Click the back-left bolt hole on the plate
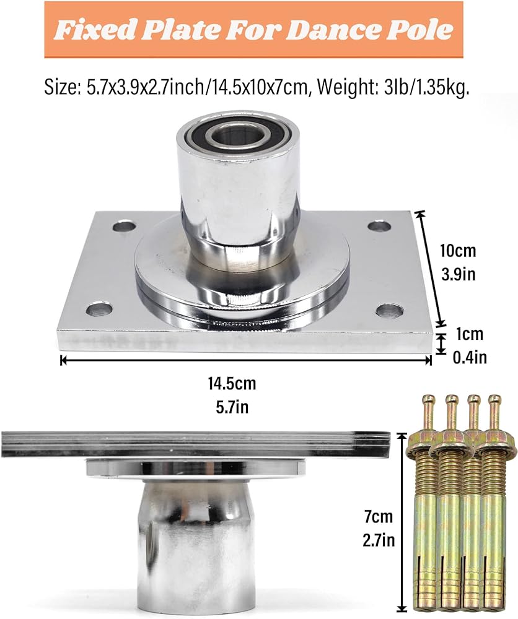(124, 227)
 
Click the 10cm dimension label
(459, 251)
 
